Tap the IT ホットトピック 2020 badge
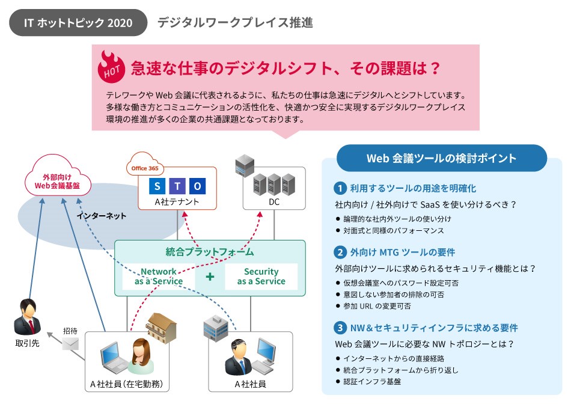[x=78, y=23]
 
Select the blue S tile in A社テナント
[x=157, y=186]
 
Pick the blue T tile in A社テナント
[x=177, y=186]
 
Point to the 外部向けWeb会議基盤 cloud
[x=58, y=181]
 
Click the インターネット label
[x=102, y=216]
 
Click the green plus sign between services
[x=210, y=277]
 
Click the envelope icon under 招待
[x=71, y=344]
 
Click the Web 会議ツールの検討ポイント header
[x=441, y=158]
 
